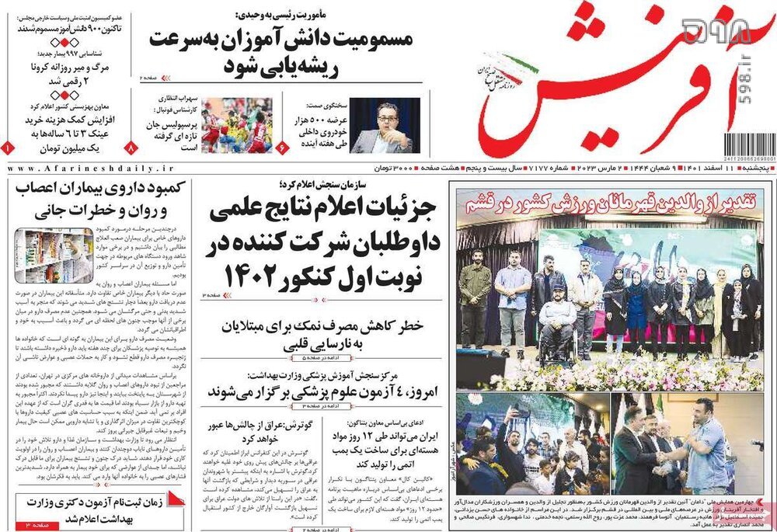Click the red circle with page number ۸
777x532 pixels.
point(131,146)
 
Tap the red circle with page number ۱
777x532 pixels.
point(7,146)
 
